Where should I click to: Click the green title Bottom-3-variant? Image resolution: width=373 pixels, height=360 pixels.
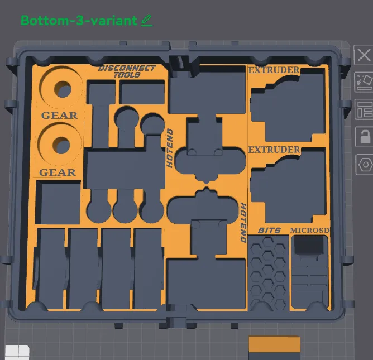[79, 20]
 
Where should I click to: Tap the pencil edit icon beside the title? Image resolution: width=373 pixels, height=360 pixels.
[146, 20]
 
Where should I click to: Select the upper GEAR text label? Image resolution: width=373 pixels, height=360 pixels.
[59, 116]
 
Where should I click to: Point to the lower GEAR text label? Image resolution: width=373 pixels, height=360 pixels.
[58, 172]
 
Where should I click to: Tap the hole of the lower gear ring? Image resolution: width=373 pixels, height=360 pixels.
[63, 145]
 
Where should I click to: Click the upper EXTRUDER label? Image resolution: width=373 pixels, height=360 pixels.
[274, 70]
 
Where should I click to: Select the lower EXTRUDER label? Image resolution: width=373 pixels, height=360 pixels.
[274, 150]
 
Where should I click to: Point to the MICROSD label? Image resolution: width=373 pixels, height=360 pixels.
[310, 231]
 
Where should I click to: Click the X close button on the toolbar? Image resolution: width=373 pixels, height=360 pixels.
[364, 55]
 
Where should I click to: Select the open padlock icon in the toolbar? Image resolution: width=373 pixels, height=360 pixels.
[364, 136]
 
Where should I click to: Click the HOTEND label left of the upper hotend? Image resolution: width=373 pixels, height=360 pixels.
[170, 148]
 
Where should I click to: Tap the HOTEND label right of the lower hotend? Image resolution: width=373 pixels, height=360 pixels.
[243, 222]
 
